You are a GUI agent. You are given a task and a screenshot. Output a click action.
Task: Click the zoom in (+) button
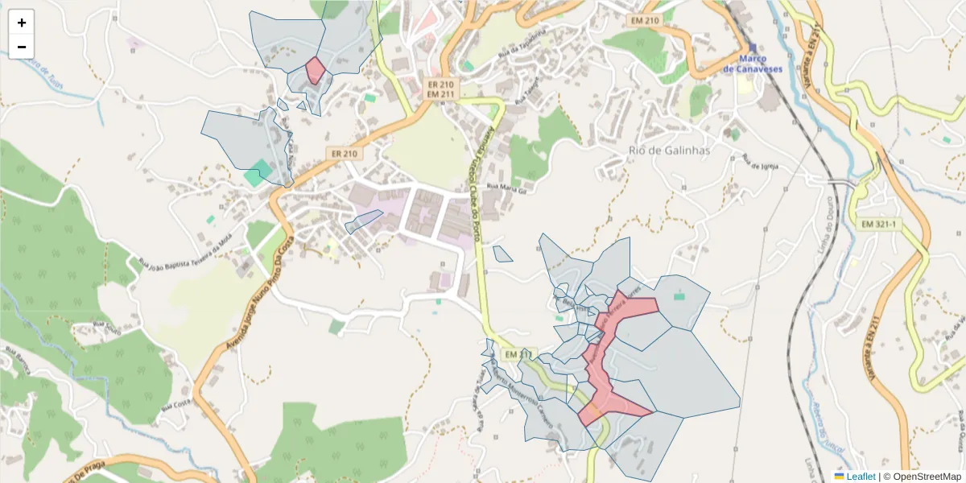[22, 23]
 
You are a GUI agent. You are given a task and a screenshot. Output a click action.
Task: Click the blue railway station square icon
[753, 47]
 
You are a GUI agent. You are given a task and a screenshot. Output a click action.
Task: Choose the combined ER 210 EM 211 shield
[440, 89]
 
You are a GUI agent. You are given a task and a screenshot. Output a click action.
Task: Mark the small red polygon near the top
[315, 70]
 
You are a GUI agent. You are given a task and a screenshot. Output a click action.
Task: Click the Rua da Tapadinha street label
[516, 40]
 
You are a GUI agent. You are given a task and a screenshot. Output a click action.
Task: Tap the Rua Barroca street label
[18, 360]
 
